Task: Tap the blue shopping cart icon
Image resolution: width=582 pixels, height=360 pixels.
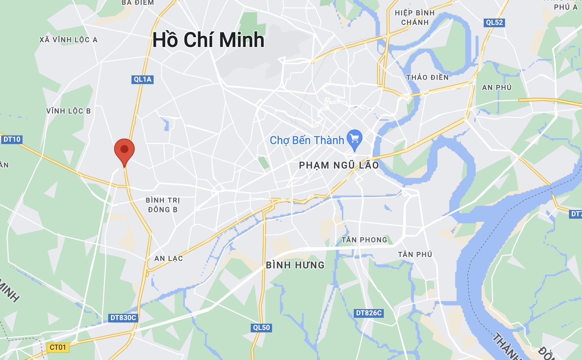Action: (354, 139)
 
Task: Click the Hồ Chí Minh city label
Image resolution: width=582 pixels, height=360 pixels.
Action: (208, 40)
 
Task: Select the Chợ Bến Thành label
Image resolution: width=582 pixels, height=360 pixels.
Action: (307, 141)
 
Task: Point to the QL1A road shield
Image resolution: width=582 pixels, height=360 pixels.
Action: (142, 79)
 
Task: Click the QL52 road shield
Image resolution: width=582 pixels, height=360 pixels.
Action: (494, 22)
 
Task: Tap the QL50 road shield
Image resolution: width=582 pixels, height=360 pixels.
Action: (261, 328)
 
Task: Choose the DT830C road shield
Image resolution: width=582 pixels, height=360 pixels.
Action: (123, 318)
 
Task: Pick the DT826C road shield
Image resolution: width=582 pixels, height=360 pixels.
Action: (369, 313)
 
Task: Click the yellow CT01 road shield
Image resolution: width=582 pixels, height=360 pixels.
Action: (58, 347)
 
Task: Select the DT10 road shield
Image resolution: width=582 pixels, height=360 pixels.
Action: (11, 139)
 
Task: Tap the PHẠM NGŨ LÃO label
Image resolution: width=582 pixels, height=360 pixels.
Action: (339, 165)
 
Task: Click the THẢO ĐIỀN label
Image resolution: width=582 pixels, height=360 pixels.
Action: (428, 77)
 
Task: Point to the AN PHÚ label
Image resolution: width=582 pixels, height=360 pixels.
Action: (497, 88)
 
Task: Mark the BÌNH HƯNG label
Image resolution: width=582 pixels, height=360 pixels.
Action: (295, 265)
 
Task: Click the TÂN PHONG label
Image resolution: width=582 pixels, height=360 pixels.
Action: (364, 240)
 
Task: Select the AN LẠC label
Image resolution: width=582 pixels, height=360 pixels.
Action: (169, 259)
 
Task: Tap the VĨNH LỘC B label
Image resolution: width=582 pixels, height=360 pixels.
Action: (68, 111)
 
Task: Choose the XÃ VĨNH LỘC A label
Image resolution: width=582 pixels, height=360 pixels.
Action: (68, 40)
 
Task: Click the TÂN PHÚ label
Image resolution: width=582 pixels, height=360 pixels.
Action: (415, 255)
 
